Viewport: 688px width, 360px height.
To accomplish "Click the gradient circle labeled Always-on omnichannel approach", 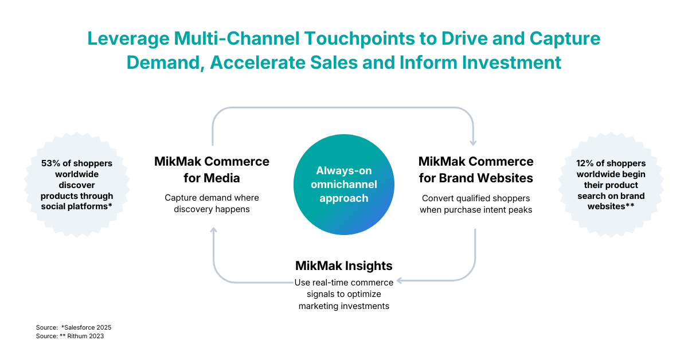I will [344, 185].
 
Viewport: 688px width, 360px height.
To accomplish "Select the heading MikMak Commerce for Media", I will [212, 169].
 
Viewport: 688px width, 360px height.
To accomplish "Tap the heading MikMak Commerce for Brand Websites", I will [476, 169].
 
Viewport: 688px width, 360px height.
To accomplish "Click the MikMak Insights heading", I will [344, 265].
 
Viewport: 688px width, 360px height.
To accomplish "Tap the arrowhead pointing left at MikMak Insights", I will [400, 281].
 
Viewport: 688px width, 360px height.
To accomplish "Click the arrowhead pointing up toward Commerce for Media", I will [213, 230].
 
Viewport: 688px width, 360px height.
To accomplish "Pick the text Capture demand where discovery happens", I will [212, 204].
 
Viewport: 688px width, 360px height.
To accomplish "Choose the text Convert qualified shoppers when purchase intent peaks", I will [476, 204].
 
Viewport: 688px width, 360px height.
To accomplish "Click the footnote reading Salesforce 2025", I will [86, 327].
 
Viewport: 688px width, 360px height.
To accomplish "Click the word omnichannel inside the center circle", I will [344, 184].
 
